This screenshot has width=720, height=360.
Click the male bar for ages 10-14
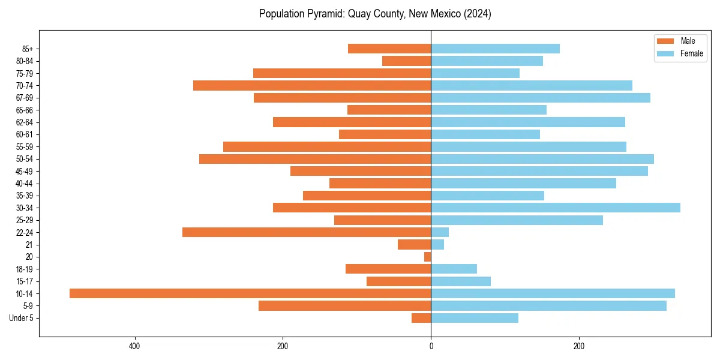point(250,293)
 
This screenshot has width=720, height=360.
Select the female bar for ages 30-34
point(555,208)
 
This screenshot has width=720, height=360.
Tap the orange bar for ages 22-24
point(306,232)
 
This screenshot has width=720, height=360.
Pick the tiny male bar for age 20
point(428,257)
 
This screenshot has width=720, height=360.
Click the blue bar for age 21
point(437,245)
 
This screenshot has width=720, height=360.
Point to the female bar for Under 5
point(474,318)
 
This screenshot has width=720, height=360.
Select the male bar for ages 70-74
point(311,85)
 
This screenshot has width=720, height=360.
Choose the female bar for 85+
point(495,49)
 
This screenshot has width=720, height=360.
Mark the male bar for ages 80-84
point(406,61)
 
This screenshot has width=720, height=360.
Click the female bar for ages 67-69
point(540,98)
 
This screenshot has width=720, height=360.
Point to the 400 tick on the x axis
point(134,347)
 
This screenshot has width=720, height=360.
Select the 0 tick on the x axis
point(431,347)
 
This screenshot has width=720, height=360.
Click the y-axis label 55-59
point(24,147)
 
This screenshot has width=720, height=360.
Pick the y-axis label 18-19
point(24,269)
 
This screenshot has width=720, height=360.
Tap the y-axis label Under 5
point(21,318)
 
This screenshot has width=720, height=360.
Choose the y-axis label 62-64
point(24,122)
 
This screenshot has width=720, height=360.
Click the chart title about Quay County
point(375,14)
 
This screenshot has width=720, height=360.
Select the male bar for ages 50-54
point(314,159)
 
